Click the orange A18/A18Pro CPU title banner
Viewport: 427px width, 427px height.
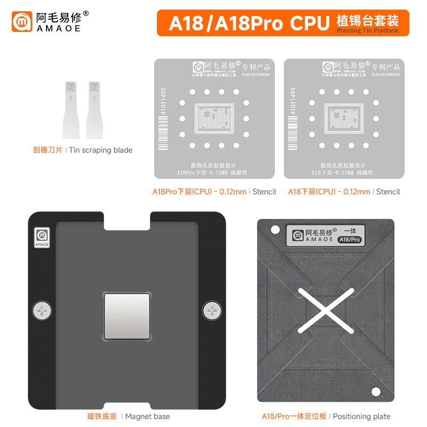click(283, 23)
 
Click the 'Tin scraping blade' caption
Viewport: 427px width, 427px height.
click(83, 150)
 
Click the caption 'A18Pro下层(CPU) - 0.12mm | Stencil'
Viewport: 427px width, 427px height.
click(214, 192)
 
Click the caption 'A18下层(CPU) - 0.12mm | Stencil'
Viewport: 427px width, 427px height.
click(344, 192)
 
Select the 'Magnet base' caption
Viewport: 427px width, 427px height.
click(128, 416)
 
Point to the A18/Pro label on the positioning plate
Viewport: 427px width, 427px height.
click(349, 240)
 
